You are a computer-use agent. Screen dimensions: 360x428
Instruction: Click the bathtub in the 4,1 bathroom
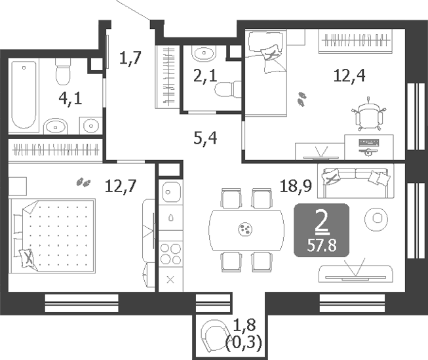[24, 94]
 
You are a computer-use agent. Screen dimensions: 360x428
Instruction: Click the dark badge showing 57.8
[321, 230]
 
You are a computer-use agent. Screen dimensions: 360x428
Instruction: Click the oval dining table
[245, 229]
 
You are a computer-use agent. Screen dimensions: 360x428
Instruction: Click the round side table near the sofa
[377, 217]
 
